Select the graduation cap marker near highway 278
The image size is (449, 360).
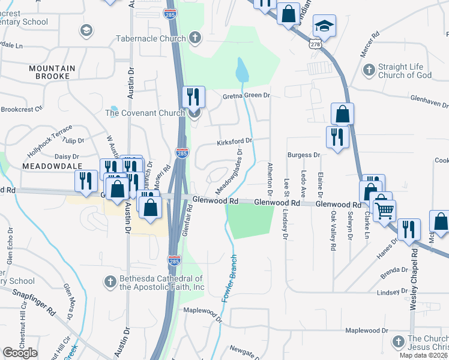click(325, 26)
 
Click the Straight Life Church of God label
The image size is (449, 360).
click(405, 71)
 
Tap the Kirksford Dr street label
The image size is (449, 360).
click(235, 142)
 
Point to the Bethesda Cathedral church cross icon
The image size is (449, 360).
click(110, 281)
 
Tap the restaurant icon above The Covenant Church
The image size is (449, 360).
click(193, 96)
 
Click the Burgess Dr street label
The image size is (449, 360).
click(303, 155)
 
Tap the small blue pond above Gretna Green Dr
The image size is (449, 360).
click(241, 71)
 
